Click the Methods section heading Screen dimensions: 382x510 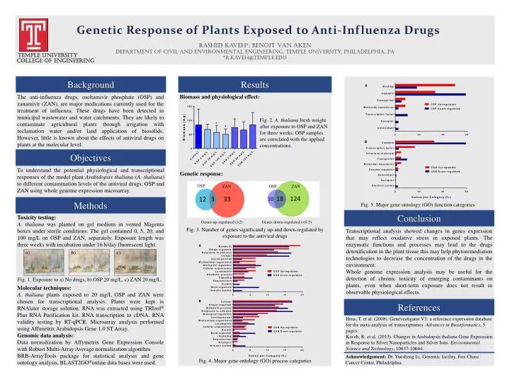90,206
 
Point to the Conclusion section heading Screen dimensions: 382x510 423,219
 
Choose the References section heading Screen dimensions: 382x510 423,307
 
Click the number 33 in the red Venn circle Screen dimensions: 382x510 227,200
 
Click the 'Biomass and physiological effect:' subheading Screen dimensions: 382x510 219,97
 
